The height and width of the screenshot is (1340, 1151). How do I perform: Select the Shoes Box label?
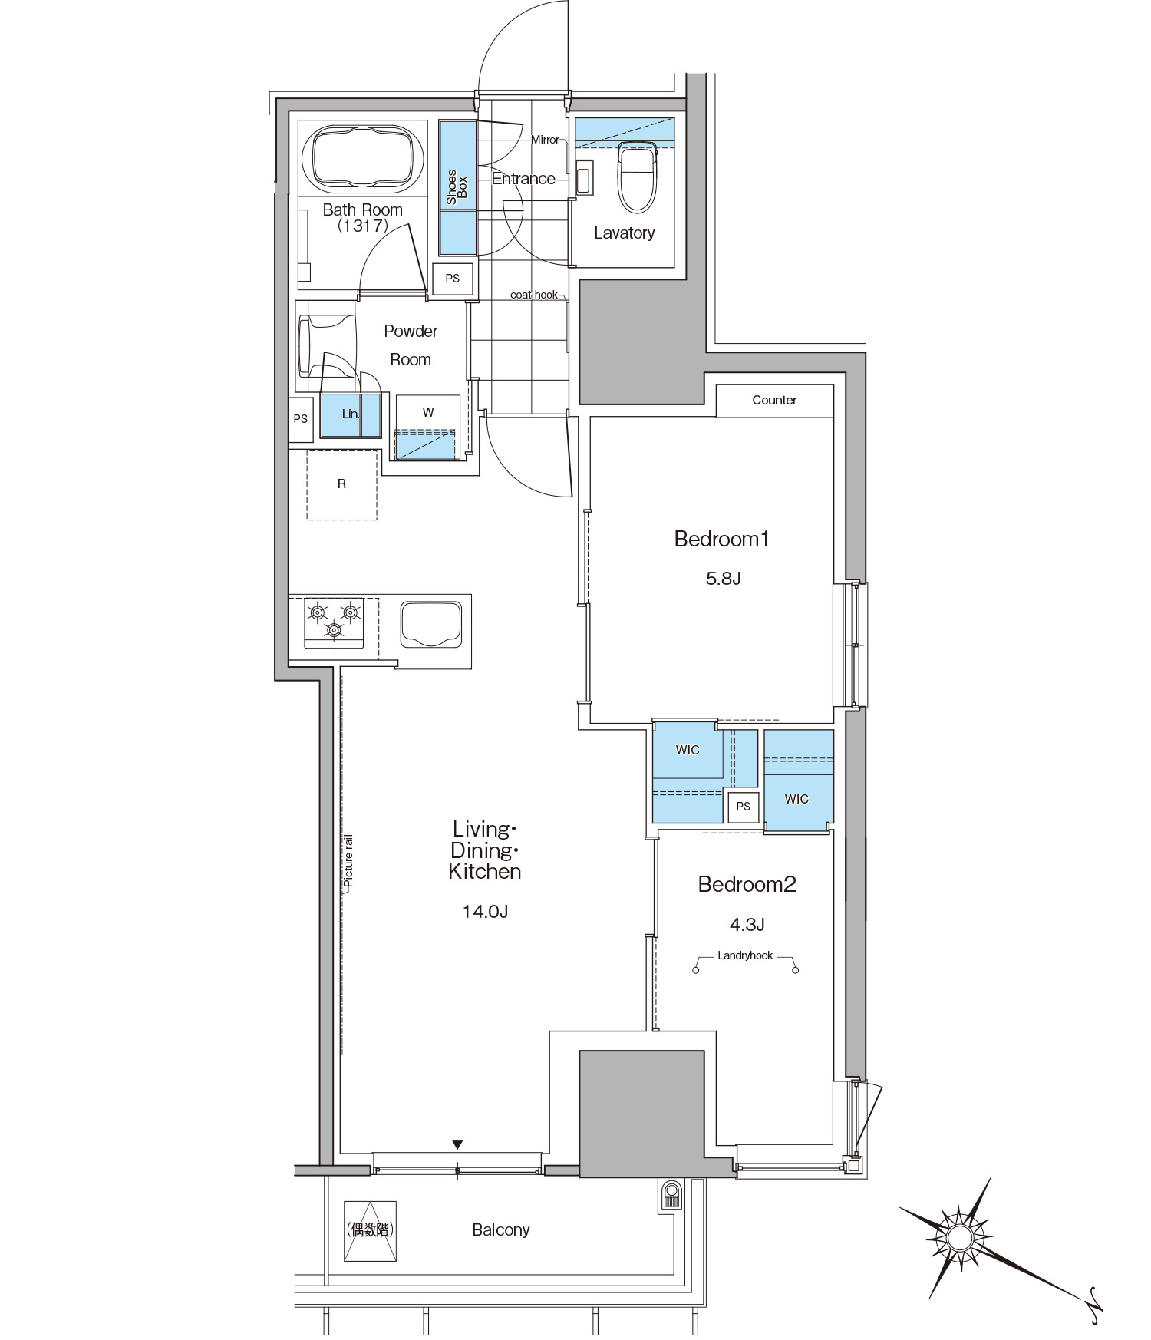tap(457, 187)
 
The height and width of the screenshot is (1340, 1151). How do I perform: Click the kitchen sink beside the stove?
tap(431, 625)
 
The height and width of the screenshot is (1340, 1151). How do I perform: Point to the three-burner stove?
tap(334, 622)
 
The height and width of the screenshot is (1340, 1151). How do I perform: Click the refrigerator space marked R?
tap(342, 484)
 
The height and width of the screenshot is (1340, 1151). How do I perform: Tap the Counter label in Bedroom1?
tap(774, 400)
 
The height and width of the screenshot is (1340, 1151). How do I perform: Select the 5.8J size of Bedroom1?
tap(723, 579)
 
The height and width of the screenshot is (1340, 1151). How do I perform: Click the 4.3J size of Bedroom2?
tap(747, 925)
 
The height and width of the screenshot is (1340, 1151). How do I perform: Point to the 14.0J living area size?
tap(485, 912)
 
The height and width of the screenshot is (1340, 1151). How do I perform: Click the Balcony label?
tap(501, 1229)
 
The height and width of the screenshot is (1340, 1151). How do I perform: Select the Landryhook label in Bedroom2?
tap(745, 955)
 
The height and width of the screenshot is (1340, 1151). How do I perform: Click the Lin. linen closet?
tap(351, 414)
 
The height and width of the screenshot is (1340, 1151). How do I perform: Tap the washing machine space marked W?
tap(427, 427)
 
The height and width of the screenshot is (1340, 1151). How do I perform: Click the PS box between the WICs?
tap(743, 807)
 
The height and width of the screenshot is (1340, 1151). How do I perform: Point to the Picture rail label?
tap(349, 861)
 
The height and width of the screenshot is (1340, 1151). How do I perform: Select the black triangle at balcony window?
tap(457, 1145)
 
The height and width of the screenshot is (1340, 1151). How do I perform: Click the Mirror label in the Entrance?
tap(546, 140)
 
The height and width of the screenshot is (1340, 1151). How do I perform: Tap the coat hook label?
tap(534, 295)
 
